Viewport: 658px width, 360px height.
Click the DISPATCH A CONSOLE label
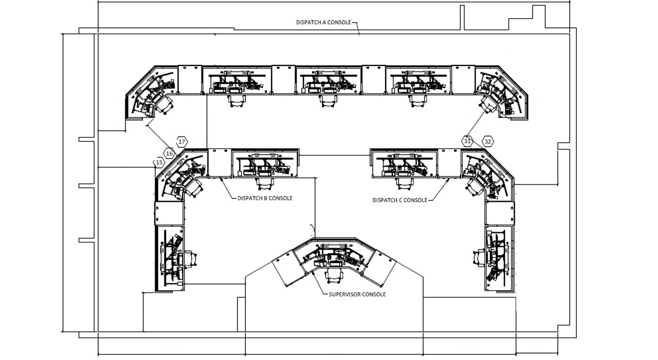tap(323, 23)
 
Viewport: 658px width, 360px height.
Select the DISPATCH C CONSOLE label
tap(399, 200)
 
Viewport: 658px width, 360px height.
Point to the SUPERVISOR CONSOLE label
tap(357, 295)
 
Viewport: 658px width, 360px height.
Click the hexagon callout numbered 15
tap(159, 163)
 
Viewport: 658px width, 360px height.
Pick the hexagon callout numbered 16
tap(170, 153)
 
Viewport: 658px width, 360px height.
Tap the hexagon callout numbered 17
tap(181, 141)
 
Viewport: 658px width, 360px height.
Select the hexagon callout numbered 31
tap(467, 140)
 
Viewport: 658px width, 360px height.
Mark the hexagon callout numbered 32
tap(487, 141)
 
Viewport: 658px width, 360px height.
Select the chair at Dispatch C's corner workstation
tap(473, 187)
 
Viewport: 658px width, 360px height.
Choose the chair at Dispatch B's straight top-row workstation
tap(264, 182)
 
